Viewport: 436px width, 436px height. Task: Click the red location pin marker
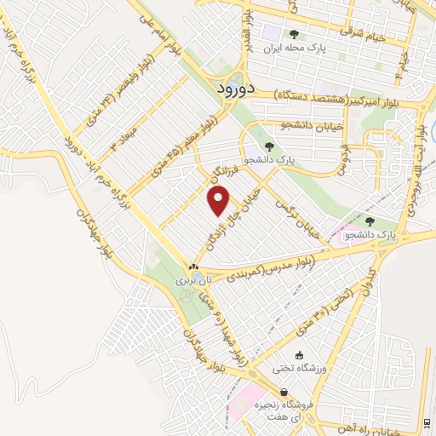pos(219,201)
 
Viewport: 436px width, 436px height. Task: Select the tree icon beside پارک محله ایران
pos(294,35)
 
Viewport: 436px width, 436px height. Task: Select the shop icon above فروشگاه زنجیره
pos(296,393)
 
